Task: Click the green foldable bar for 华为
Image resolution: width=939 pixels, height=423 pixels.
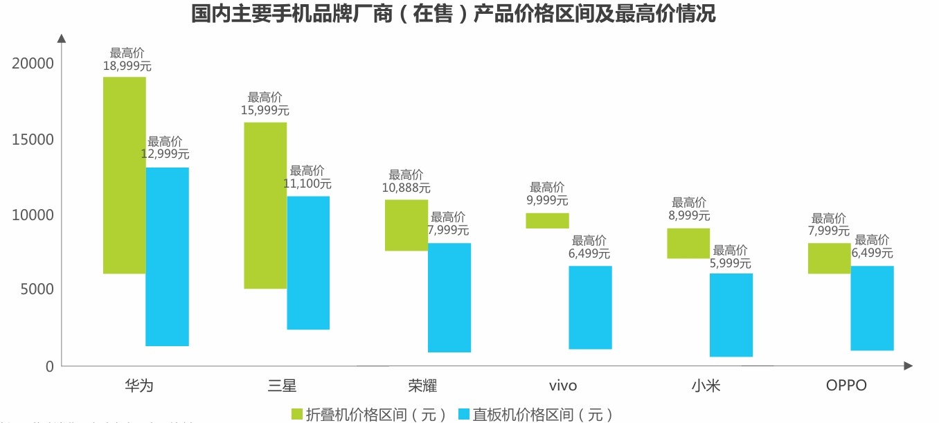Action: tap(125, 175)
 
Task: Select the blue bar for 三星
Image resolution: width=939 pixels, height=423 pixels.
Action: tap(308, 263)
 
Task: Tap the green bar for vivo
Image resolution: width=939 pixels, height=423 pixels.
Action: tap(547, 220)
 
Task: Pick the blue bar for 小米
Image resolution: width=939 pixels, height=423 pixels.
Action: tap(731, 315)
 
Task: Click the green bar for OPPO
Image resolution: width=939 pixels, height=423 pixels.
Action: tap(829, 258)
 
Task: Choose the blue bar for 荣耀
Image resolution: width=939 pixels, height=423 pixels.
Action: tap(449, 298)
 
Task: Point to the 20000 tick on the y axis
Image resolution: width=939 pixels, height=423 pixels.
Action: tap(33, 64)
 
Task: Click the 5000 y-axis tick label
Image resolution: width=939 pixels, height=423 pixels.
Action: tap(33, 289)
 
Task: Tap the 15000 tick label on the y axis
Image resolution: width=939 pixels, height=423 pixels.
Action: tap(33, 140)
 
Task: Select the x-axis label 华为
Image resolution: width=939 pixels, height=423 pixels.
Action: tap(138, 386)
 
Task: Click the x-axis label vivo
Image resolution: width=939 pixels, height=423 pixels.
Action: tap(562, 386)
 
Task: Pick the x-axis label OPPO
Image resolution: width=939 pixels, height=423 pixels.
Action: tap(846, 386)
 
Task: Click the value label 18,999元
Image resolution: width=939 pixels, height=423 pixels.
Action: tap(127, 66)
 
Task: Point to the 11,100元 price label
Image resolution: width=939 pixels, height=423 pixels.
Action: tap(307, 184)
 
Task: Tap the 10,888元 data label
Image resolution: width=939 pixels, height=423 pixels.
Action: tap(406, 188)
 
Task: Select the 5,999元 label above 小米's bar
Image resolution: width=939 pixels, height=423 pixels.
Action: tap(730, 263)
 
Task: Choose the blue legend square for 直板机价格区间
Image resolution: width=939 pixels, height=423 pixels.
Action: tap(465, 414)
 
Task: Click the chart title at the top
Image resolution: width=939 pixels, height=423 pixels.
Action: tap(454, 14)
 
